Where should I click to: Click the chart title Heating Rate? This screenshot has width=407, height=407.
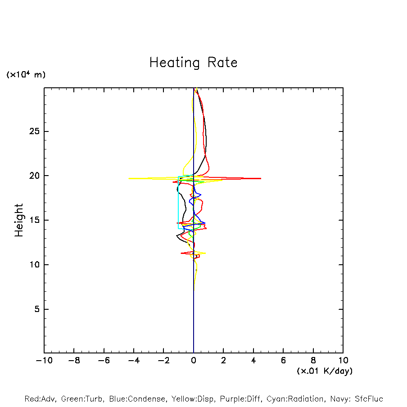[x=193, y=63]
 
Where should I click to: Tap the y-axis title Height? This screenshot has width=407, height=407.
[x=19, y=220]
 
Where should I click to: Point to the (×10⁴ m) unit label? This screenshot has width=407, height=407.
[x=26, y=75]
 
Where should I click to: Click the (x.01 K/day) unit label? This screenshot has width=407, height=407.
[x=324, y=371]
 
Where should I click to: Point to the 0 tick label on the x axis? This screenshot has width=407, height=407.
[x=194, y=361]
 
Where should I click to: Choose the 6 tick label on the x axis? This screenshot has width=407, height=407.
[x=283, y=361]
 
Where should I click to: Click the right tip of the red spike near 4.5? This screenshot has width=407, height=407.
[x=261, y=179]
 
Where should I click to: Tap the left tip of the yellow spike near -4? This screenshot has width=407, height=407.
[x=129, y=178]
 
